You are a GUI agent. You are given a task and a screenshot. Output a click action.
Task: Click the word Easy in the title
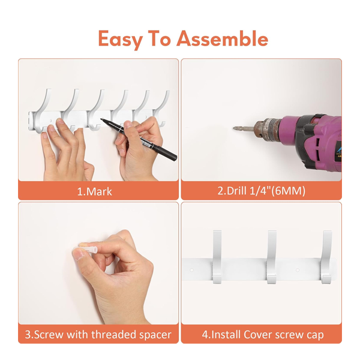click(120, 40)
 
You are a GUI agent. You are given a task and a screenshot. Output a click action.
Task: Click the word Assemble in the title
click(222, 38)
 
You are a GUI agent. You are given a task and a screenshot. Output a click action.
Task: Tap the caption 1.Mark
click(95, 191)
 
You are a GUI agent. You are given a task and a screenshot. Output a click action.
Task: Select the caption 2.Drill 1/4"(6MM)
click(261, 191)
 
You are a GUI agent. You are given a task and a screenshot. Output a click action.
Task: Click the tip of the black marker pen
click(101, 119)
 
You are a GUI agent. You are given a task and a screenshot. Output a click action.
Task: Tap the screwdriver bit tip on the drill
click(235, 128)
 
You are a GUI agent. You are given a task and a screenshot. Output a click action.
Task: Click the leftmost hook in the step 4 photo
click(217, 257)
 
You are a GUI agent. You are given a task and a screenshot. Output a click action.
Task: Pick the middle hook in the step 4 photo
click(272, 257)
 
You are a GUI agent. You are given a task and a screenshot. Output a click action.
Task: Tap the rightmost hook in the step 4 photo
click(327, 257)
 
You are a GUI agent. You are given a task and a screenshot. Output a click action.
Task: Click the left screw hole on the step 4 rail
click(191, 270)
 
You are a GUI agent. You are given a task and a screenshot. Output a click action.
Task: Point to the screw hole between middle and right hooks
click(298, 270)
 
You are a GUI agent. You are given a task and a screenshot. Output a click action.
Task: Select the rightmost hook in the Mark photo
click(165, 108)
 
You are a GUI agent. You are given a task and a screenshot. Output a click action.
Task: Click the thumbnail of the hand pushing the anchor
click(77, 254)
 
